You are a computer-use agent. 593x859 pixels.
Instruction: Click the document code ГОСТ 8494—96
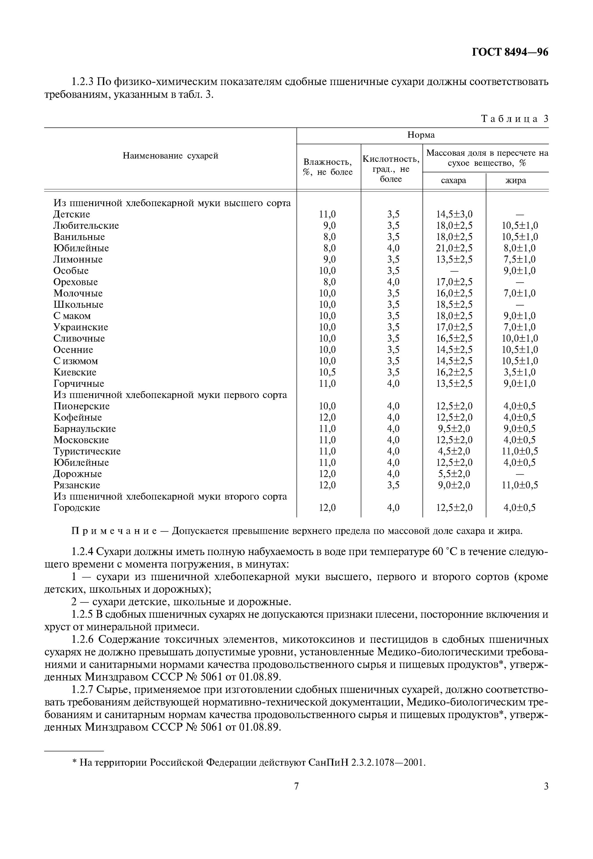coord(510,52)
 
